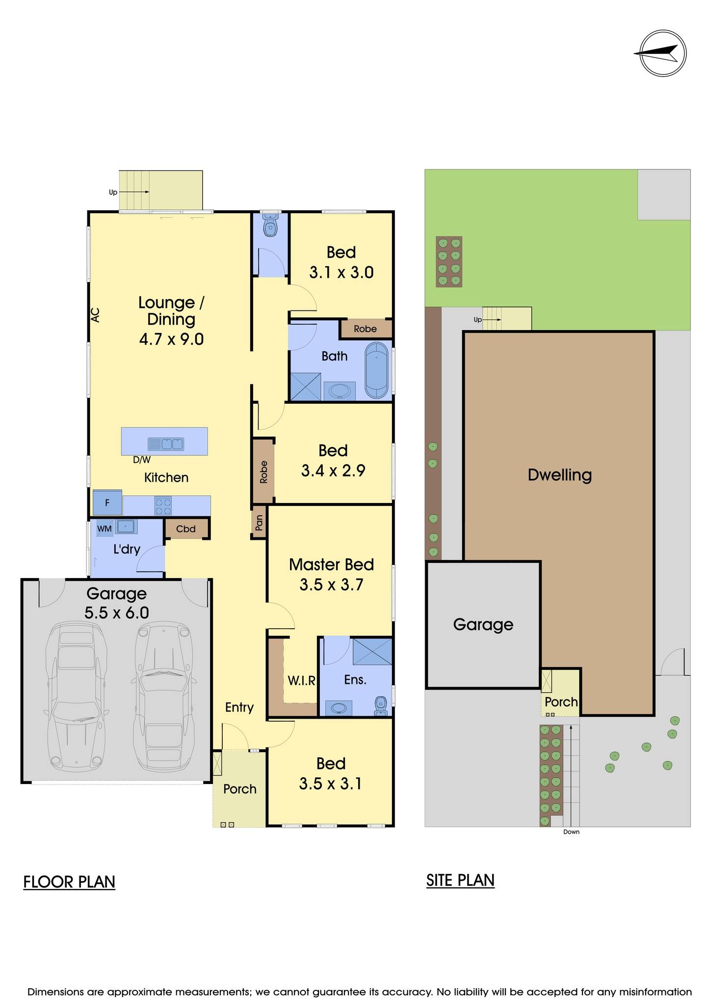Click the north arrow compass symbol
[x=663, y=53]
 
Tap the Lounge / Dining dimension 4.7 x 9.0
[x=171, y=339]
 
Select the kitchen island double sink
[x=166, y=444]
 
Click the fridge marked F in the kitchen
[x=107, y=503]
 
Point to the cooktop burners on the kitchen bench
[x=163, y=506]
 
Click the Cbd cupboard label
[x=186, y=529]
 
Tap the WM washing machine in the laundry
[x=105, y=529]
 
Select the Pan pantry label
[x=259, y=523]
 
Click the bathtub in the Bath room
[x=376, y=370]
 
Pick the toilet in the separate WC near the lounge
[x=270, y=227]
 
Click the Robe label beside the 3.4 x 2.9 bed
[x=263, y=472]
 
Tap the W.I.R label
[x=301, y=680]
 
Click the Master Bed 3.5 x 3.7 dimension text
[x=331, y=585]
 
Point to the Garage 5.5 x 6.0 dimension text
[x=117, y=613]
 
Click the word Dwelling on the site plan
[x=559, y=475]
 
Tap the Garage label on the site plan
[x=483, y=624]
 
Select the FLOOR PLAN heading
[x=69, y=882]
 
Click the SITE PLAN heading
[x=460, y=880]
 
